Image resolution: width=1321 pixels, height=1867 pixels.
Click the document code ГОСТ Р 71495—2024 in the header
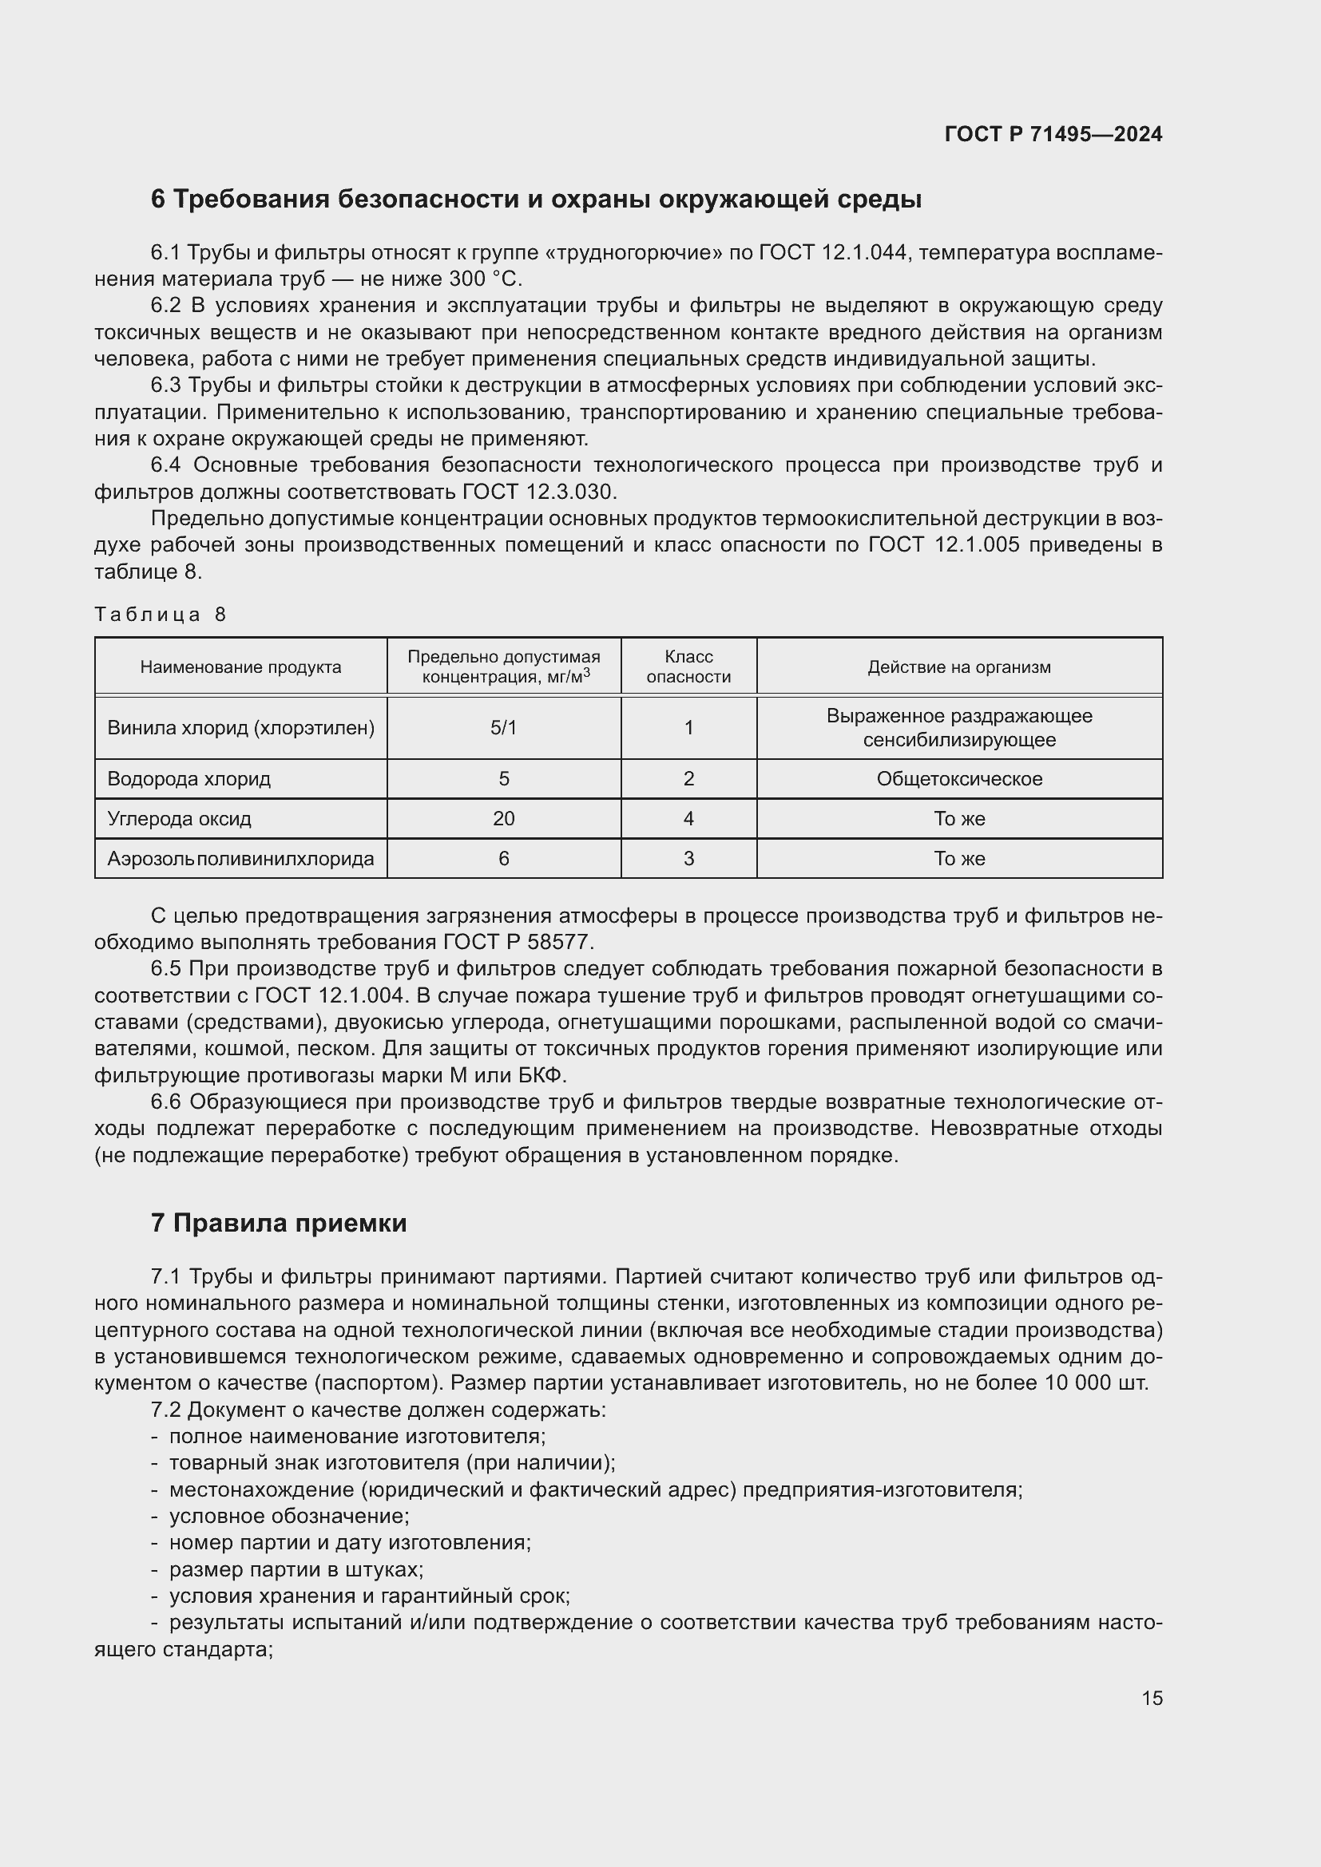(x=1053, y=134)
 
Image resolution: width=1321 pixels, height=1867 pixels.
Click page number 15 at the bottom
(x=1152, y=1698)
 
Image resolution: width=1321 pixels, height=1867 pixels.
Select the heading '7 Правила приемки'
(x=278, y=1223)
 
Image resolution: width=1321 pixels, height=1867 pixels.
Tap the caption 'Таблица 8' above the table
(x=160, y=614)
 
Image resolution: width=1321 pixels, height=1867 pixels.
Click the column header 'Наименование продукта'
(x=240, y=667)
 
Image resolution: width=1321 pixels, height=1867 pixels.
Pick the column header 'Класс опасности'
(x=688, y=667)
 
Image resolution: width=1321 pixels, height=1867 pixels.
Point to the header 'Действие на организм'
(x=959, y=667)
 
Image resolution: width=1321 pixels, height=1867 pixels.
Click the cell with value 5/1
(x=503, y=728)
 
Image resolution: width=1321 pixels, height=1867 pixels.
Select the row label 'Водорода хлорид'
(x=188, y=779)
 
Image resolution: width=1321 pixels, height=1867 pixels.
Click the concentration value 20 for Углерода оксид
(x=503, y=819)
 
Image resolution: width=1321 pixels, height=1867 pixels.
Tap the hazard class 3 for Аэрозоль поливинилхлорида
(x=688, y=859)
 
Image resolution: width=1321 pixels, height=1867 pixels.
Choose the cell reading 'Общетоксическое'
(x=959, y=779)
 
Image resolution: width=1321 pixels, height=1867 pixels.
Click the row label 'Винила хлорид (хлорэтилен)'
(x=240, y=728)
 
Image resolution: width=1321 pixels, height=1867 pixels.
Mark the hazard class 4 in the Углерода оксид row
(x=688, y=819)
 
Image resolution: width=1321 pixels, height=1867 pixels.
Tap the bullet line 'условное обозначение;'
(x=289, y=1516)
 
